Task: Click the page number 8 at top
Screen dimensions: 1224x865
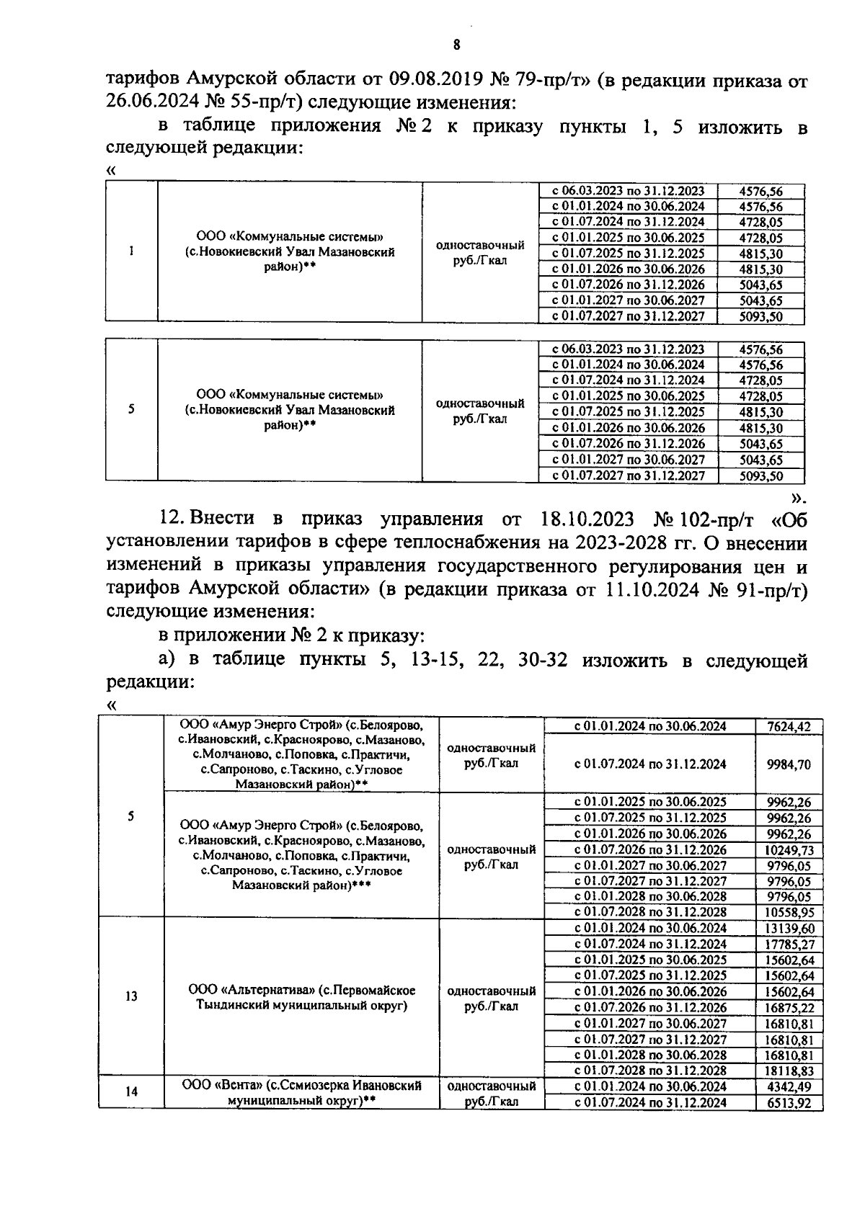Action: click(456, 45)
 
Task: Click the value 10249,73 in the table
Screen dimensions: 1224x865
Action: click(791, 850)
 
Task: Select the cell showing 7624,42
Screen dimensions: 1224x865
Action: click(791, 726)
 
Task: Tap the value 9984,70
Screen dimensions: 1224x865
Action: click(791, 764)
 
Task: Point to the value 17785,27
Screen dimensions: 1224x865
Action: click(791, 944)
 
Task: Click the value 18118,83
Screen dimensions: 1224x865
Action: click(791, 1071)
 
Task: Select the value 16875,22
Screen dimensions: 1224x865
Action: click(791, 1007)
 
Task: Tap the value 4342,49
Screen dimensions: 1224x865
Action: click(791, 1086)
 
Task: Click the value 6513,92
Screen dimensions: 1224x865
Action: click(791, 1102)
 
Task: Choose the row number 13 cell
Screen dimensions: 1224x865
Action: click(131, 998)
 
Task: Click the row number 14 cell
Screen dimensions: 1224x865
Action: click(131, 1092)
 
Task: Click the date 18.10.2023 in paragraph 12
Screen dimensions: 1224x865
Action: click(587, 519)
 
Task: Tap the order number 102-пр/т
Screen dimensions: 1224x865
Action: click(714, 519)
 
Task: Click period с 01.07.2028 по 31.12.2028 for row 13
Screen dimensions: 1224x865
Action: click(650, 1071)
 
